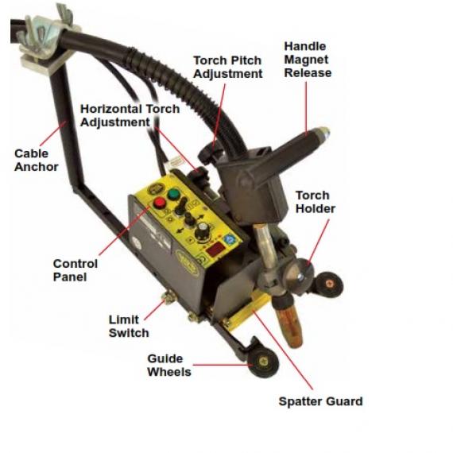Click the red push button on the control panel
tap(159, 202)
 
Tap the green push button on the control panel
tap(173, 194)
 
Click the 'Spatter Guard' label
tap(321, 401)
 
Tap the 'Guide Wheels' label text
tap(169, 365)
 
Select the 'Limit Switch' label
tap(129, 326)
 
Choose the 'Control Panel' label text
tap(75, 270)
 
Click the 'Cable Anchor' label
tap(36, 160)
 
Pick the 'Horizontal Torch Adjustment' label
tap(130, 115)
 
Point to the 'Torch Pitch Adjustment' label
tap(227, 67)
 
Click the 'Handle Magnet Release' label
tap(308, 60)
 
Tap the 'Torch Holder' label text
tap(316, 202)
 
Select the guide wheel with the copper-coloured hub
tap(329, 285)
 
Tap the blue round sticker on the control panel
tap(230, 239)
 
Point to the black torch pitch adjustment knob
tap(210, 154)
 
